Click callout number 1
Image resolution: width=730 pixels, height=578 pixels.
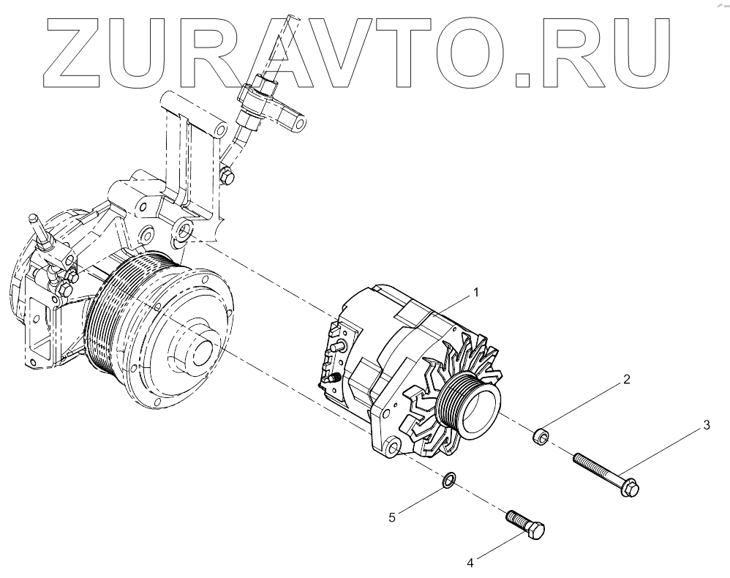point(476,292)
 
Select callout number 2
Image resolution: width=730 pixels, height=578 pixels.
point(626,380)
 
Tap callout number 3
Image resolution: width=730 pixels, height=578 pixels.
point(707,424)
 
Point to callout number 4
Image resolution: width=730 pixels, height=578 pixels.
point(470,563)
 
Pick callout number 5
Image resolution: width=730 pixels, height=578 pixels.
point(392,517)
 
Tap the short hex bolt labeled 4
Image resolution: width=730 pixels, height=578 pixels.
point(525,526)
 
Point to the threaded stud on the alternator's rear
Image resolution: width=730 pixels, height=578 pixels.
point(331,378)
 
